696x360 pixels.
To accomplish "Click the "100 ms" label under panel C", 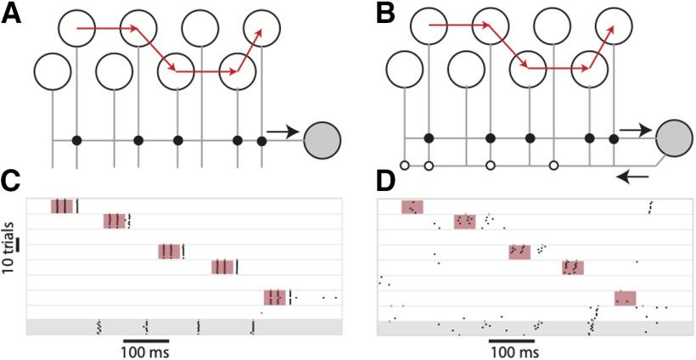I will pos(146,352).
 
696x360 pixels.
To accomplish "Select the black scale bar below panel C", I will pos(146,340).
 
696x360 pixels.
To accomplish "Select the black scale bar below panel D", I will pos(512,340).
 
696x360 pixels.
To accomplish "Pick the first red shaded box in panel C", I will pos(63,206).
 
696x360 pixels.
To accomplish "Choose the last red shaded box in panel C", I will pos(275,297).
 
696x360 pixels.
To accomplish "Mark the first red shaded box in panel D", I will pos(412,207).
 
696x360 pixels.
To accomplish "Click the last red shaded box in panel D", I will pos(625,298).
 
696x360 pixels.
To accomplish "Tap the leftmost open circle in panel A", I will pos(53,71).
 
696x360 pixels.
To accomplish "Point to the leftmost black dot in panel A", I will pos(76,140).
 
